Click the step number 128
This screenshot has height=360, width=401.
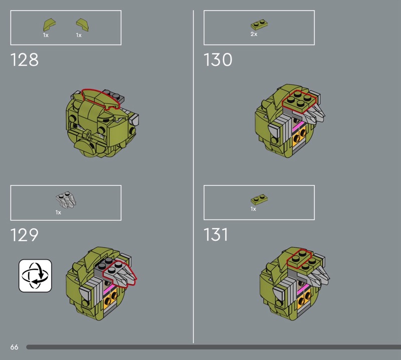click(24, 60)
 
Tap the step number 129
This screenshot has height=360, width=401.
click(24, 235)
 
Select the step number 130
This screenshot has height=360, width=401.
click(218, 60)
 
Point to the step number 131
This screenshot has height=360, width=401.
click(216, 235)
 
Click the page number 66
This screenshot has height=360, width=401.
click(15, 347)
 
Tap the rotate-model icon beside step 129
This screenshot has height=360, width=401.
click(35, 276)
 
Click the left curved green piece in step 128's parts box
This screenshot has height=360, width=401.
click(49, 25)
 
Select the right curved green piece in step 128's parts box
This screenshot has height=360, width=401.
click(82, 25)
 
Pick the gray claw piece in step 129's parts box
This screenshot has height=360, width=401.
click(66, 200)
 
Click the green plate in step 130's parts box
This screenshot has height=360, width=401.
click(259, 25)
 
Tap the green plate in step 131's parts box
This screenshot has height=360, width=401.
click(259, 200)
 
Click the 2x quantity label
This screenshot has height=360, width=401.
click(254, 34)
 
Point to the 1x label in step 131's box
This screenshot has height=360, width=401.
click(253, 209)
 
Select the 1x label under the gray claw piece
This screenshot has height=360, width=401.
click(58, 213)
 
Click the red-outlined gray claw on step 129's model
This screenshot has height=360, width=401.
click(120, 273)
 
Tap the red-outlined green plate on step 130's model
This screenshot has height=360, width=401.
click(299, 101)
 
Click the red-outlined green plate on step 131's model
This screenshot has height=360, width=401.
click(299, 259)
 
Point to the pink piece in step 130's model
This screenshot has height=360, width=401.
click(298, 126)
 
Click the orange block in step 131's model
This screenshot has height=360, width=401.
click(304, 301)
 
